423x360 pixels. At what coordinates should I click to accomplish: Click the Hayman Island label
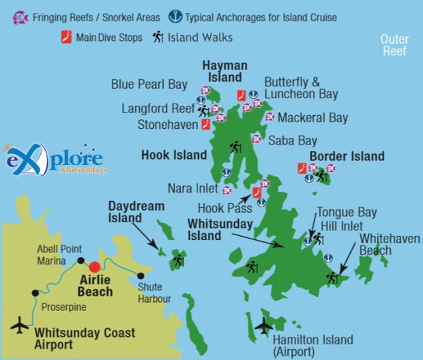pos(224,71)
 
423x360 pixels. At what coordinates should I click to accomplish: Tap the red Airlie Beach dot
pos(95,266)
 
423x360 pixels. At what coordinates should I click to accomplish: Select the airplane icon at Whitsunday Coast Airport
pos(20,324)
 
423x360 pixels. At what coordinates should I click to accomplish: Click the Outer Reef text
pos(394,46)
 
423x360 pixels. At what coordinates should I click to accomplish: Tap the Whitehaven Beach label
pos(390,244)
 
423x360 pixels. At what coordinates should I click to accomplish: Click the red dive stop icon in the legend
pos(67,37)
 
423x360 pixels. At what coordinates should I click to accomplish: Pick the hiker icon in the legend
pos(157,37)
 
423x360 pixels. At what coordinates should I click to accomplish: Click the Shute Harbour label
pos(154,292)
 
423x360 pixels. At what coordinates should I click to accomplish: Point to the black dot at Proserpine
pos(35,292)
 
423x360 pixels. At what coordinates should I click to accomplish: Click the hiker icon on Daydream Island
pos(179,260)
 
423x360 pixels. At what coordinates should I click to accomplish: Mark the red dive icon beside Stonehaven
pos(205,124)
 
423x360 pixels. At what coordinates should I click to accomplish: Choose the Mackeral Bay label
pos(312,118)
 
